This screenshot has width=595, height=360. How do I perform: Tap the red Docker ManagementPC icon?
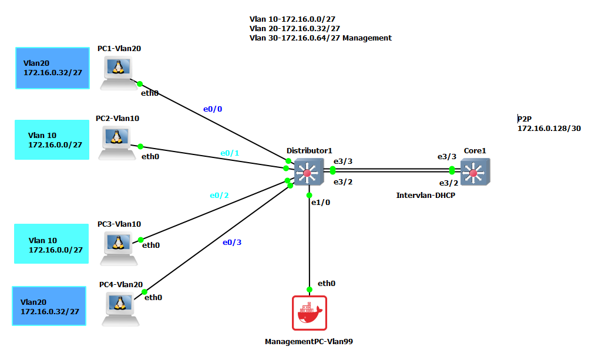coord(309,313)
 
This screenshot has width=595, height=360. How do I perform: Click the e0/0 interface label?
coord(213,109)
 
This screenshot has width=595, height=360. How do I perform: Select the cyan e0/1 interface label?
coord(230,153)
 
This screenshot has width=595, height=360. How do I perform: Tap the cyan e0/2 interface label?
coord(219,196)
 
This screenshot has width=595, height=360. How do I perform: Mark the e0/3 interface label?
coord(232,242)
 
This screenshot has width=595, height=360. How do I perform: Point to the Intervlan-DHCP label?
coord(426,195)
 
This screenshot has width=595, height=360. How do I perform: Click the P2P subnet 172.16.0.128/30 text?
coord(549,128)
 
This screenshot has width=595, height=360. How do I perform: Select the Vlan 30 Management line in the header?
coord(320,38)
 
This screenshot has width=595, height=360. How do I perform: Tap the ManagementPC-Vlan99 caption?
coord(308,341)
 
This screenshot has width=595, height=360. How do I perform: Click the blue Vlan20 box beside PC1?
coord(52,68)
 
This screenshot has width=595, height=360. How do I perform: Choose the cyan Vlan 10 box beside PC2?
coord(52,140)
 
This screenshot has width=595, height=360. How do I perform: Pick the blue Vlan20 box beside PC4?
coord(49,306)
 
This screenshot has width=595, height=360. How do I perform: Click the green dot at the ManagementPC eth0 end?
coord(310,289)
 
